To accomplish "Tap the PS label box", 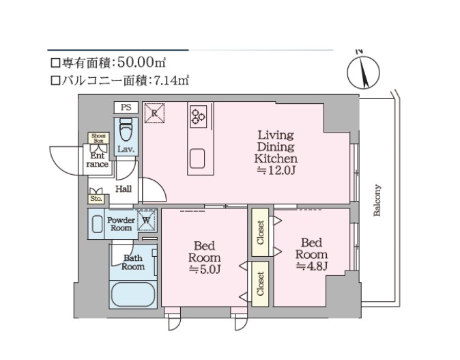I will [126, 108].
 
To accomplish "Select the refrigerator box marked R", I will [154, 111].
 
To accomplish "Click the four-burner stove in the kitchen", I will [199, 115].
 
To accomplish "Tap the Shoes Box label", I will [99, 137].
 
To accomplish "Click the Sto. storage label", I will [96, 199].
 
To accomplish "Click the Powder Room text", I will [121, 223].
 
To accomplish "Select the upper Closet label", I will [261, 232].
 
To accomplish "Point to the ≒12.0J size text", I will [276, 169].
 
